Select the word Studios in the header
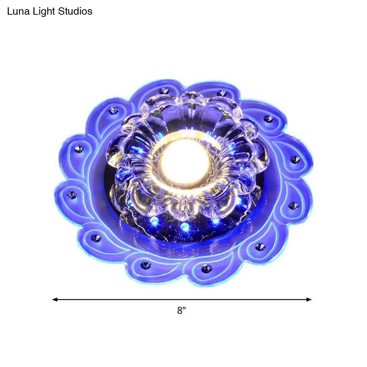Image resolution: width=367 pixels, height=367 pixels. point(75,11)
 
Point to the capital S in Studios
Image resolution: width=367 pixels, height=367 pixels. point(61,11)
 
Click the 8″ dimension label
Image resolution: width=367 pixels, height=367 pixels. point(181,310)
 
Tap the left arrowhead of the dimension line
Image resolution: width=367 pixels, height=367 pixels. point(55,299)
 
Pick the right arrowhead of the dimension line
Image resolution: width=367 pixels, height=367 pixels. point(309,299)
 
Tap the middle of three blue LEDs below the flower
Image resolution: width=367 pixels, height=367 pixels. point(185,226)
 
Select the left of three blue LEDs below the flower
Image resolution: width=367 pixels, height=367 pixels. point(154,220)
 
